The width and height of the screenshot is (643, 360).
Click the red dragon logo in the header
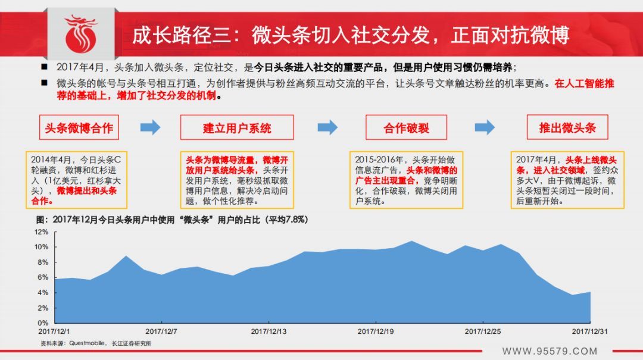point(81,34)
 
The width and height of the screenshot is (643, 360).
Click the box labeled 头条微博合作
point(79,127)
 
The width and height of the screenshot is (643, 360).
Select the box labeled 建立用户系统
point(237,127)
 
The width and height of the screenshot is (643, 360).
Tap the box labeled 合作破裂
point(407,127)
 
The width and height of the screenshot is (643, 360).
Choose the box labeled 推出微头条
point(567,127)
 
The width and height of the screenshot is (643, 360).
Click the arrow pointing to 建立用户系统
point(150,127)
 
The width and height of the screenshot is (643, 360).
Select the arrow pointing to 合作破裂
point(327,127)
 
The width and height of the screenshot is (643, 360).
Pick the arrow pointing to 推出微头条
point(485,127)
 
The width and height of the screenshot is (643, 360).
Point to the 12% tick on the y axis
point(42,232)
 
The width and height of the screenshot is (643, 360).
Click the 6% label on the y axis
point(43,277)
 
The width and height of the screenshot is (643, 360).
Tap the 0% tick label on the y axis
point(43,323)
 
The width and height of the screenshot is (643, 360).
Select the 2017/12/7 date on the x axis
point(161,331)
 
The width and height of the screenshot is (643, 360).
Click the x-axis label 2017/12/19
point(376,331)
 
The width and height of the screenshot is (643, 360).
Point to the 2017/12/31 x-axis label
point(589,331)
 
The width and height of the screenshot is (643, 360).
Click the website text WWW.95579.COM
point(550,352)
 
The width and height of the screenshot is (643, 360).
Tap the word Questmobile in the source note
point(86,343)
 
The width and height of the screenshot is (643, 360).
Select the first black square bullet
point(44,67)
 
